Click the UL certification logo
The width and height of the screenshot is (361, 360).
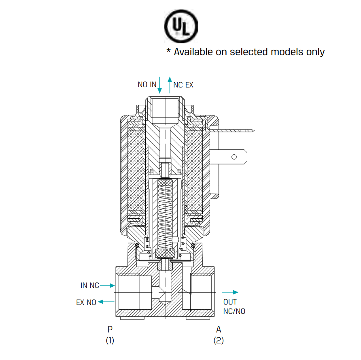(181, 27)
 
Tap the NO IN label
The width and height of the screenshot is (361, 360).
(147, 85)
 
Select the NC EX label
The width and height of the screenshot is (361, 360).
(183, 85)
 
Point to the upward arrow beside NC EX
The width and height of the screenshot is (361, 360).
(170, 84)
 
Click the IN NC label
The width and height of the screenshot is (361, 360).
(89, 285)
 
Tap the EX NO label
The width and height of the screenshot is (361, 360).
(86, 302)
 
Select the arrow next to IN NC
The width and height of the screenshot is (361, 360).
(108, 285)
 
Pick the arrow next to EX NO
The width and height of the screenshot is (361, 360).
(106, 302)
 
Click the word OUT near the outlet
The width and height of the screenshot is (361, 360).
(230, 302)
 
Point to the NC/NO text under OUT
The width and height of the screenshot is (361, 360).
(234, 311)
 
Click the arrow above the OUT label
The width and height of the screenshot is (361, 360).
(230, 292)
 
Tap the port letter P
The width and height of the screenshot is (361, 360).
(110, 329)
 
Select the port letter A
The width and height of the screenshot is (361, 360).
(219, 329)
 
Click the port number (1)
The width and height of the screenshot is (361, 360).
(110, 341)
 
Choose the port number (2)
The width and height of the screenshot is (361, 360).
(219, 341)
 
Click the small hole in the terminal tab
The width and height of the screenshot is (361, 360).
(234, 157)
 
